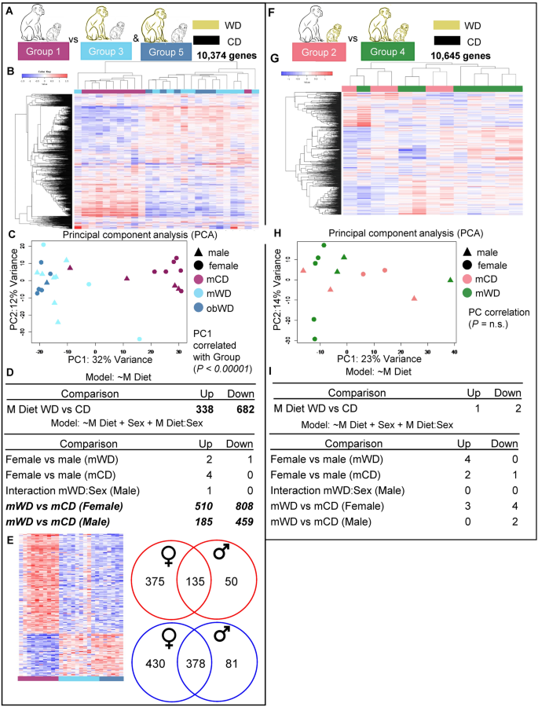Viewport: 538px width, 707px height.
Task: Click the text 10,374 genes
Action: coord(228,56)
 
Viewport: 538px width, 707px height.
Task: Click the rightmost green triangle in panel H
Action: coord(450,280)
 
